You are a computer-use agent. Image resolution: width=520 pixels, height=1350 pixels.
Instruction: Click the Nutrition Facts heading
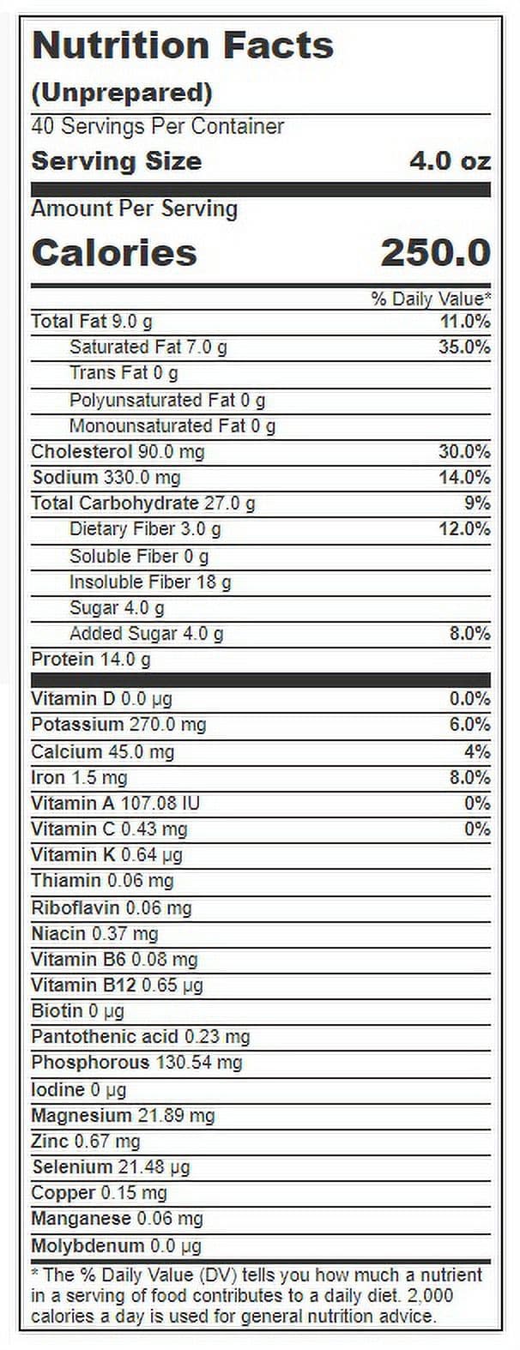(182, 45)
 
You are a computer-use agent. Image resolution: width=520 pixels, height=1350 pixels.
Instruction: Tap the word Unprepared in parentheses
(122, 93)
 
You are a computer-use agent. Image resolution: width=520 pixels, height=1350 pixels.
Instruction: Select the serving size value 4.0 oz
(450, 161)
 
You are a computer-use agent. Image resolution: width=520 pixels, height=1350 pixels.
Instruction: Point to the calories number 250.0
(436, 252)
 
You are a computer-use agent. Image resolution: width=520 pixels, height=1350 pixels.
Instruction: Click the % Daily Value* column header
(431, 299)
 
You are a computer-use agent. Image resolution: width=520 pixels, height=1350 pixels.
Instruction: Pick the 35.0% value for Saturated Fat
(464, 347)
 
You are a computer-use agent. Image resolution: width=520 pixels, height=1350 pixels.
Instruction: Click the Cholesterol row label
(82, 451)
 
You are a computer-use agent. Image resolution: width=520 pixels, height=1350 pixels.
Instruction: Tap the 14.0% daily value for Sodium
(464, 478)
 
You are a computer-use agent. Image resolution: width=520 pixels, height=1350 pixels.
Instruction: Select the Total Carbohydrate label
(115, 503)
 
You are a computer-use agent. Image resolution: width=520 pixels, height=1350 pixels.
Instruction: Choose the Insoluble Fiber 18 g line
(150, 582)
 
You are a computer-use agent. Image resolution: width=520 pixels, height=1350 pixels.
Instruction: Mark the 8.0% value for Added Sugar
(470, 634)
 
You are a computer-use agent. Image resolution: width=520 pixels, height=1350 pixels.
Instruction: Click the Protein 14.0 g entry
(91, 660)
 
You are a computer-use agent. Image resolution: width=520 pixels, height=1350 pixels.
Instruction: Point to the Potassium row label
(77, 725)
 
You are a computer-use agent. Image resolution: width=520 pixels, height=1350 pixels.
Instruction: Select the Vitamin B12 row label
(83, 985)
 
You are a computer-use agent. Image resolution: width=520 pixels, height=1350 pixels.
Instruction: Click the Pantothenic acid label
(105, 1037)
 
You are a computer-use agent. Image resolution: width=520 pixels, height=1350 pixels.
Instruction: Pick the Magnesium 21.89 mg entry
(123, 1116)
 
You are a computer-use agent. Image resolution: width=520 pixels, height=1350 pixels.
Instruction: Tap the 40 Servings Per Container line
(157, 127)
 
